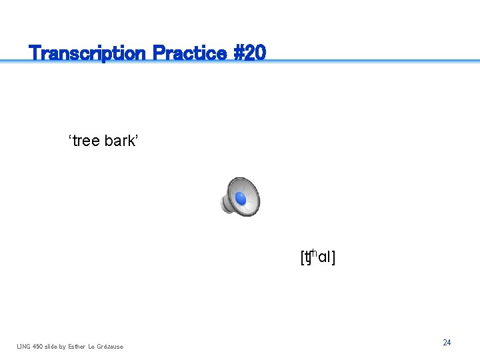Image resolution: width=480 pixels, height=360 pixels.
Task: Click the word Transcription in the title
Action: tap(87, 53)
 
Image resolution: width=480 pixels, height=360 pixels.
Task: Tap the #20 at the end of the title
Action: tap(251, 53)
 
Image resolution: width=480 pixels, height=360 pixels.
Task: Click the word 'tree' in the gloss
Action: tap(86, 141)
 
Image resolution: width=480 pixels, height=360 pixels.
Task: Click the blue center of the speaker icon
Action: tap(241, 199)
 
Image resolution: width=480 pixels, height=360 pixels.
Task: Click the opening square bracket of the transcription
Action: tap(302, 257)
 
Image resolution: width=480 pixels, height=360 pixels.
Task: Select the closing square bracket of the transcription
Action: tap(333, 257)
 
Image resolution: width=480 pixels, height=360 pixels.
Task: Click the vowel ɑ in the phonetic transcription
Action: tap(322, 258)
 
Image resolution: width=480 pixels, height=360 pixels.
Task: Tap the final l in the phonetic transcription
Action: tap(329, 257)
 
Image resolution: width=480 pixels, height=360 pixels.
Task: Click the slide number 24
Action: tap(447, 343)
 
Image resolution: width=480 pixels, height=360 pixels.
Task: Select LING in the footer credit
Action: tap(24, 346)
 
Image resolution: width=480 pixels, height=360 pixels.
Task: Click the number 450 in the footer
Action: tap(39, 346)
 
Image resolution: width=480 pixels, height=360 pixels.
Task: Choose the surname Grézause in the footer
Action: tap(110, 346)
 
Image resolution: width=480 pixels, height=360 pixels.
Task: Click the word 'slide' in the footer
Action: tap(52, 346)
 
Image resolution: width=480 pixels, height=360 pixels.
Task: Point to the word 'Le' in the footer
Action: tap(92, 346)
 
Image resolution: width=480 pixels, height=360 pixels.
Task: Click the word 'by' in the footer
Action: tap(63, 346)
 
